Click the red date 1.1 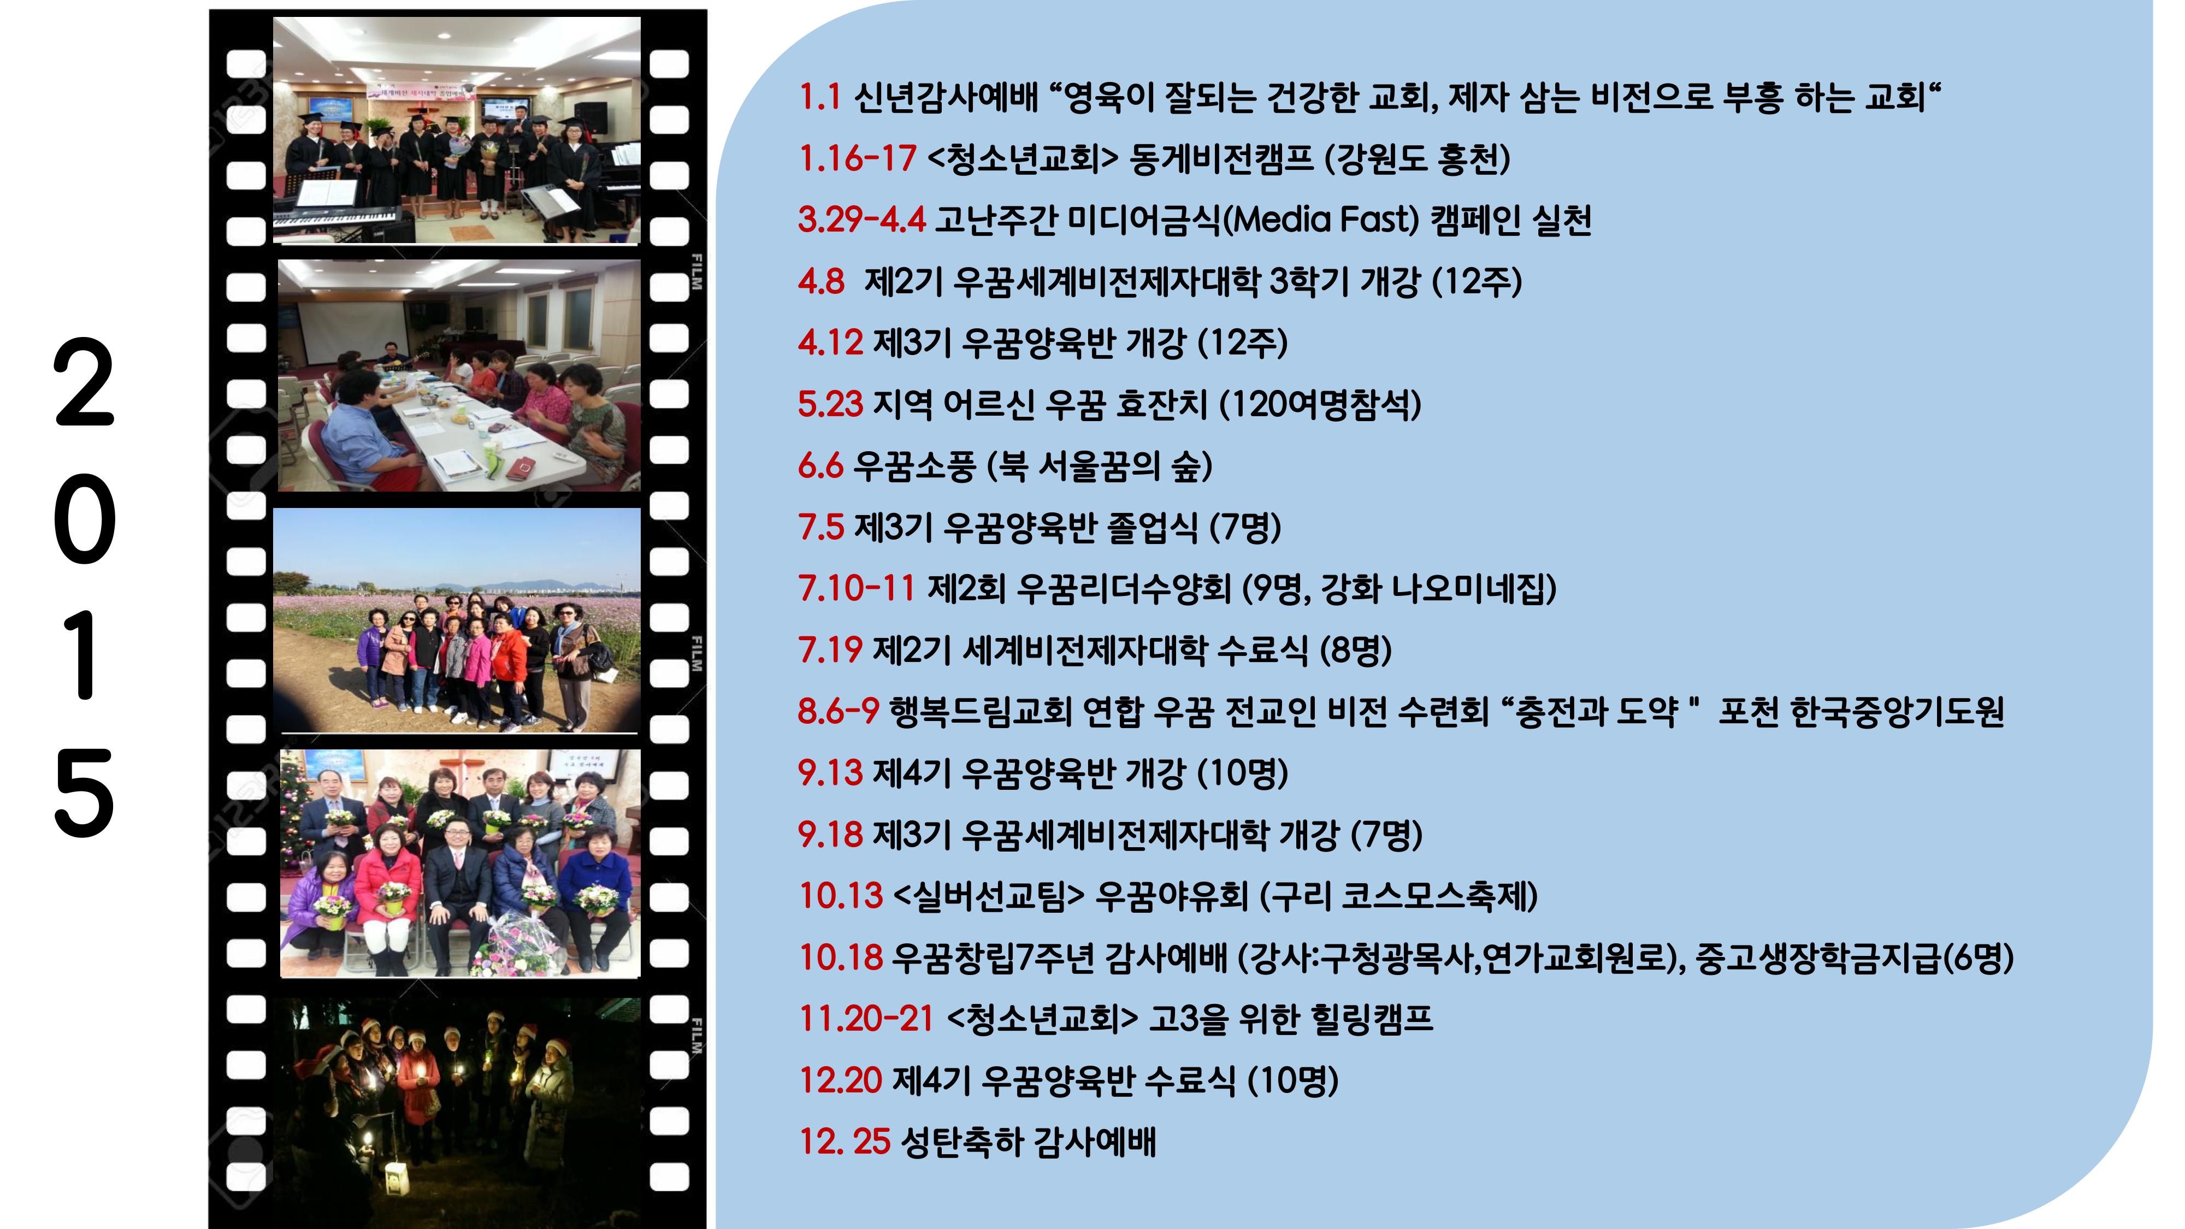[819, 98]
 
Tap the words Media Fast [1325, 220]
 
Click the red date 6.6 [820, 465]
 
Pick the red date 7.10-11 [857, 588]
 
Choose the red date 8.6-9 [838, 711]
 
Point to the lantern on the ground [395, 1179]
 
